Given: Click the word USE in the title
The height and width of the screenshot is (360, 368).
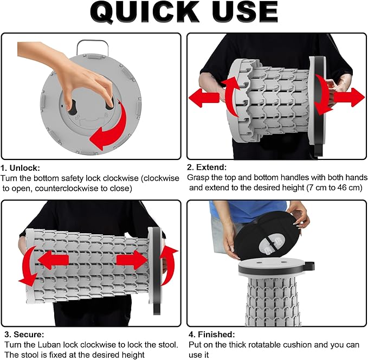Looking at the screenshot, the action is point(246,12).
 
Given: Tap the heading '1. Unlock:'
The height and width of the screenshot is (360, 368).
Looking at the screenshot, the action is point(21,168).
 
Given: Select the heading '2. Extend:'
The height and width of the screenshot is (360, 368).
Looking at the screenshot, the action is point(207,167).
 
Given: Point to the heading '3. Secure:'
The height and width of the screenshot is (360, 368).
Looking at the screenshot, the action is point(24,334).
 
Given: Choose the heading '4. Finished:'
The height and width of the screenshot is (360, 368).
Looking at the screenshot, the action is point(212,334).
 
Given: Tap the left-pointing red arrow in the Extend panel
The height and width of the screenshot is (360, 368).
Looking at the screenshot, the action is point(204,98).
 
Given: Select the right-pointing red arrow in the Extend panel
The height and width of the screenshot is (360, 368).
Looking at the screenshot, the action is point(349,97).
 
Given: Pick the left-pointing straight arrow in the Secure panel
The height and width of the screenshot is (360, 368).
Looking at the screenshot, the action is point(53,260).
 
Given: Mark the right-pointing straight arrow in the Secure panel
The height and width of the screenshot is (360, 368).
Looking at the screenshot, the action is point(132,260).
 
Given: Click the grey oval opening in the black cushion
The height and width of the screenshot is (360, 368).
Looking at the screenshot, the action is point(272,244).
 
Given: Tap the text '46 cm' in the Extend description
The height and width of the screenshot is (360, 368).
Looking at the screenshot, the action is point(350,188).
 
